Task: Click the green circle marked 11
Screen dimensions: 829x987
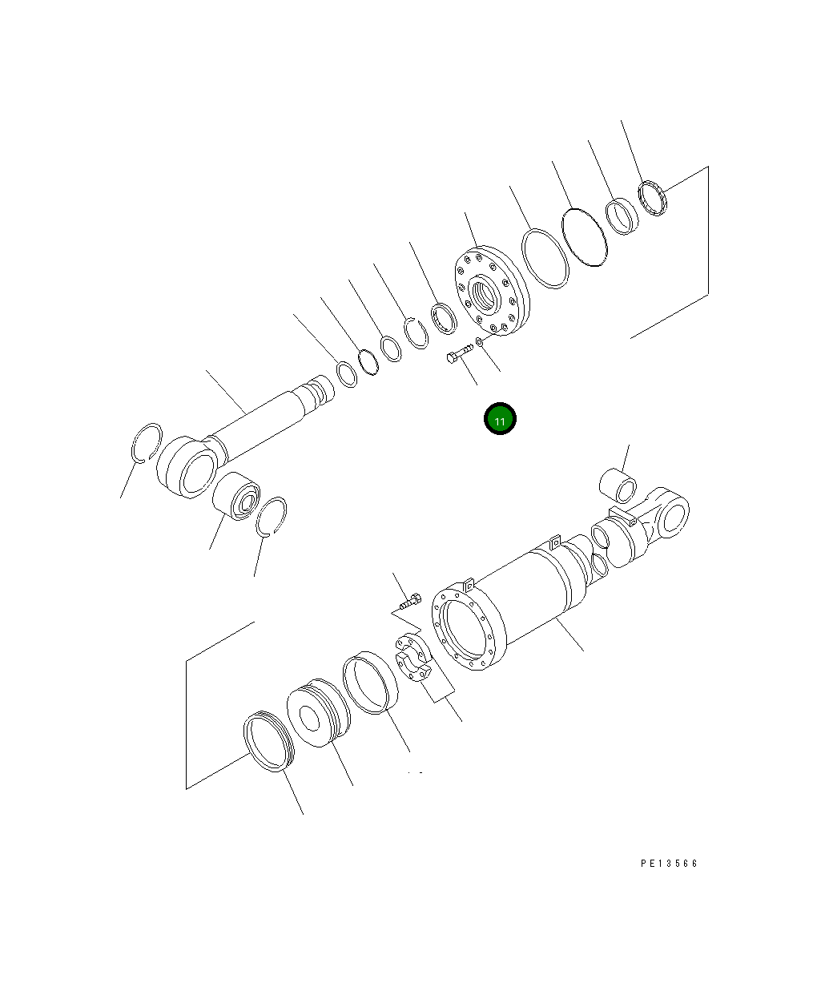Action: point(500,419)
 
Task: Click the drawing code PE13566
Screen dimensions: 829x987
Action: point(669,864)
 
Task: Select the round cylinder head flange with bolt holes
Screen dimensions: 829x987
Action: point(492,291)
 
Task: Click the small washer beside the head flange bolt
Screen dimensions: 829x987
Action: point(479,341)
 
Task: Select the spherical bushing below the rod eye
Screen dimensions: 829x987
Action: point(236,496)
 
